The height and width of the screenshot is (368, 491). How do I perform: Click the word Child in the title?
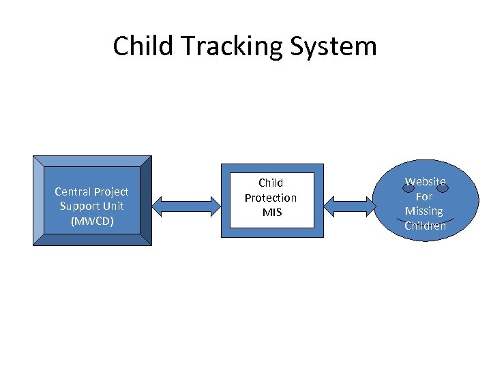coord(138,46)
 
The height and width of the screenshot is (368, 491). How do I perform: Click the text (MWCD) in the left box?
coord(91,221)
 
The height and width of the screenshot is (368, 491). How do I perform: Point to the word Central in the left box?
coord(74,191)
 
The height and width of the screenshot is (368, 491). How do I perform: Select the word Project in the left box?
coord(112,191)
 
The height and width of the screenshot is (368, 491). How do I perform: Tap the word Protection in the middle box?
coord(271,198)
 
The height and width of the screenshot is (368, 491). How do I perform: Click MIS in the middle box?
coord(271,212)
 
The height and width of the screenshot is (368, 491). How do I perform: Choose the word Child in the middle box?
coord(271,183)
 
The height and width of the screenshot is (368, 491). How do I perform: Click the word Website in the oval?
coord(425,181)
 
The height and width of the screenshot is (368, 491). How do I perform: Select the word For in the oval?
coord(424,196)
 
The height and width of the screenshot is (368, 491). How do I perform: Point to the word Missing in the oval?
coord(423,211)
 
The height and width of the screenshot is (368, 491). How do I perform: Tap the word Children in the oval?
coord(425,226)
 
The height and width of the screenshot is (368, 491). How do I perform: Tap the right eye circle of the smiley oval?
coord(443,188)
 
